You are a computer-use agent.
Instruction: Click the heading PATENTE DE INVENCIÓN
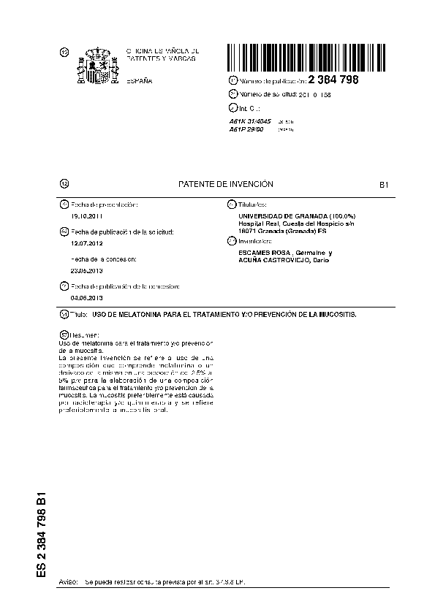pyautogui.click(x=226, y=185)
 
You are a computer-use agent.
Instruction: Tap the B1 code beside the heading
pyautogui.click(x=383, y=186)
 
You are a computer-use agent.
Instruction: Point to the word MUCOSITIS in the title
pyautogui.click(x=333, y=314)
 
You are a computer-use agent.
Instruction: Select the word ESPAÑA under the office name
pyautogui.click(x=140, y=80)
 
